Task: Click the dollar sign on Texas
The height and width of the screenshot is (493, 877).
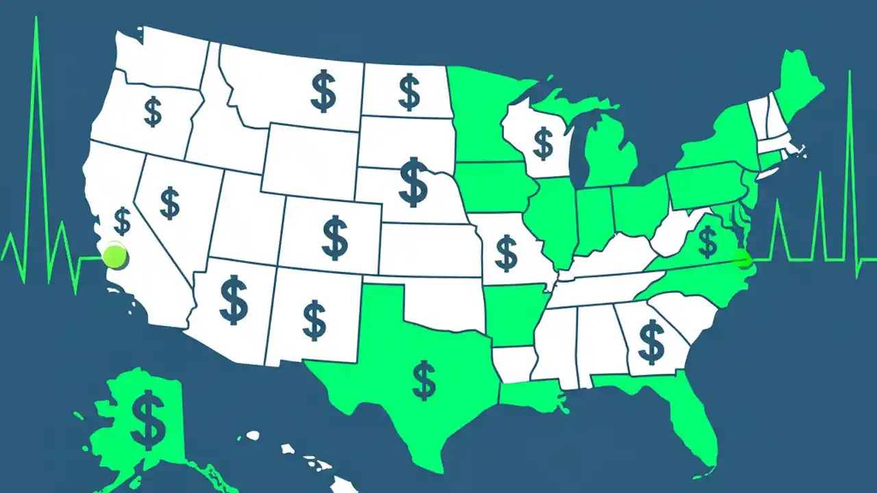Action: tap(424, 381)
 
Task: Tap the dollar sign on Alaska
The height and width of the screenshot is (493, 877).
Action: tap(149, 419)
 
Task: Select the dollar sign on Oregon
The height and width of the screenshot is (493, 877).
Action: tap(153, 112)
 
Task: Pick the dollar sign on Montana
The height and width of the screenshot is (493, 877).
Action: tap(323, 92)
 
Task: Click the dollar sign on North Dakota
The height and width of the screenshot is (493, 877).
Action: tap(409, 93)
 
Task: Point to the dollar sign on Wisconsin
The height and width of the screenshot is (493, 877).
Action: tap(543, 144)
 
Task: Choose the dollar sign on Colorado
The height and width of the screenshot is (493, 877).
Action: tap(334, 236)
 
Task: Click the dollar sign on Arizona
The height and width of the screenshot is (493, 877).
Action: tap(234, 299)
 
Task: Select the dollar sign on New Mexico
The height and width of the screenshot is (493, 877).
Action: tap(314, 320)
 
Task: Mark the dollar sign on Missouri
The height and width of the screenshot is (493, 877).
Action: tap(506, 252)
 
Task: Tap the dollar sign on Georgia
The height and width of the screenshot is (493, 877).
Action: tap(651, 341)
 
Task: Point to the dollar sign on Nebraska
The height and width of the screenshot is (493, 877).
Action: tap(413, 181)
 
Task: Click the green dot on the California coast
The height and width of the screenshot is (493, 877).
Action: tap(114, 256)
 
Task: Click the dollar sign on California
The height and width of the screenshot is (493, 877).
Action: tap(123, 221)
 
